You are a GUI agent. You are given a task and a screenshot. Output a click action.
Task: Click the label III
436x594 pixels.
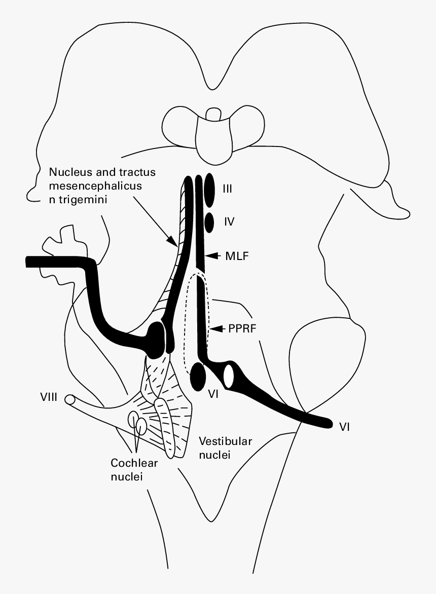coord(227,189)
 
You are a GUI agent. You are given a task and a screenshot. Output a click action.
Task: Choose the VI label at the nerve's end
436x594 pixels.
coord(345,427)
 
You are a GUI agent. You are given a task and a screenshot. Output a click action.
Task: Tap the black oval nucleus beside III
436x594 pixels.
coord(209,191)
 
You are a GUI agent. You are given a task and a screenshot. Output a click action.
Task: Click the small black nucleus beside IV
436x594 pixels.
coord(208,221)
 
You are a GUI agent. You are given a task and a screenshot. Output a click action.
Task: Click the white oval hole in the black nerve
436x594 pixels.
coord(229,376)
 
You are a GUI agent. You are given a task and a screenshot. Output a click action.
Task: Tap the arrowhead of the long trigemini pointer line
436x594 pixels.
coord(174,243)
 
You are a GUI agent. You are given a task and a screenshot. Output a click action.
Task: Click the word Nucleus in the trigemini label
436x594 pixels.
coord(68,172)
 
